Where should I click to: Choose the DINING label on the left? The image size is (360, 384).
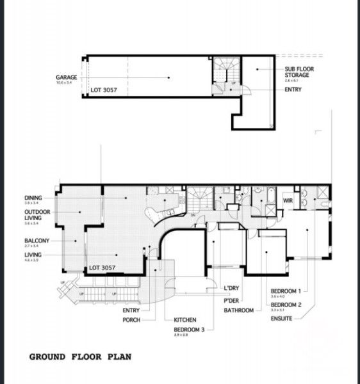coord(33,197)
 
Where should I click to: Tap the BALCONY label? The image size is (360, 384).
coord(37,241)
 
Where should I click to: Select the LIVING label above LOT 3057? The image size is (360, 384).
coord(33,255)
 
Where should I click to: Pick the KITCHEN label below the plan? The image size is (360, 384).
coord(185,320)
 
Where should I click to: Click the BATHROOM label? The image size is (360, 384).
coord(239,310)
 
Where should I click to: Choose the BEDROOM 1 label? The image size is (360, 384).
coord(286,290)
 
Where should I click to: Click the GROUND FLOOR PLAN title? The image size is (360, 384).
coord(81,356)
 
